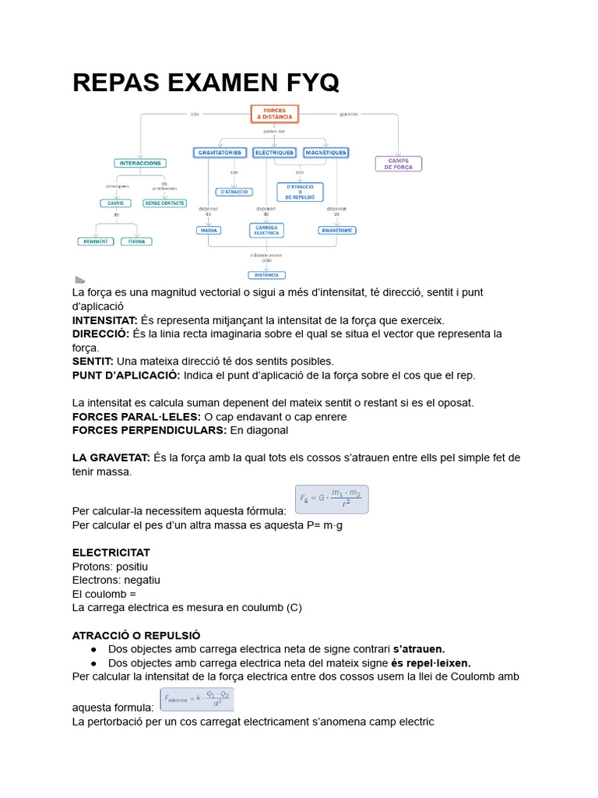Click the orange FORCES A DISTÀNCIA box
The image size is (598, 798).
(x=274, y=114)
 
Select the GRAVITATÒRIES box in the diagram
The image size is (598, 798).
(x=220, y=153)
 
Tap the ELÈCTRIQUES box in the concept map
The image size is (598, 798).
(x=274, y=153)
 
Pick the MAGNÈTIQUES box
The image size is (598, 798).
(x=325, y=153)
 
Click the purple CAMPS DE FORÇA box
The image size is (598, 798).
(x=399, y=164)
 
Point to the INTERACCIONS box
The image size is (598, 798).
(x=139, y=164)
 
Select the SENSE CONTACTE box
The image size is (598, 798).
(x=164, y=203)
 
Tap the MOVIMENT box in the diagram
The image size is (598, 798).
(x=95, y=242)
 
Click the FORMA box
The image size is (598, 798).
(x=136, y=242)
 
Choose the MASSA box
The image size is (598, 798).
(x=209, y=231)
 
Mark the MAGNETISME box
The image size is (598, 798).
(x=337, y=231)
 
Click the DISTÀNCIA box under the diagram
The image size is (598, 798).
(x=266, y=275)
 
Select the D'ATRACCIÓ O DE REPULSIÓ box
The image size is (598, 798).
(x=300, y=192)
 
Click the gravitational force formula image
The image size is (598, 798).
(x=331, y=500)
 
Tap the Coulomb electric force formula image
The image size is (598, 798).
(x=197, y=699)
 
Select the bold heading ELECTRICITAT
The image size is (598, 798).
(x=111, y=553)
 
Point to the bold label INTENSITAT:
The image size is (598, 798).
(x=104, y=320)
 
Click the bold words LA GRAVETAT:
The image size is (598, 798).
(x=111, y=457)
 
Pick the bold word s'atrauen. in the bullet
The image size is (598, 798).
(x=419, y=649)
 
